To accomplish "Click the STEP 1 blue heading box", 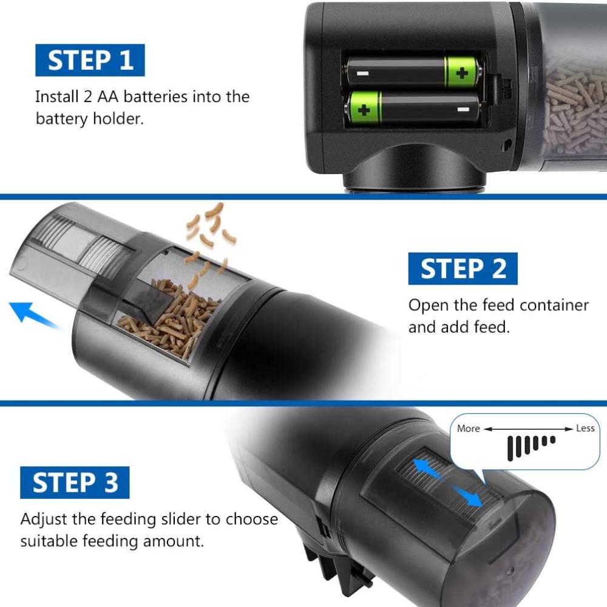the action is click(x=90, y=60).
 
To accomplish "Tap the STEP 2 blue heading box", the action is click(x=463, y=268).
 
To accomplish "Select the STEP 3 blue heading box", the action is click(x=75, y=483).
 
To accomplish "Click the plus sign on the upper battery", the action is click(x=462, y=73).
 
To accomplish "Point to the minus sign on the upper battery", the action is click(x=363, y=73).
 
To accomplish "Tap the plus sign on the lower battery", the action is click(x=364, y=110).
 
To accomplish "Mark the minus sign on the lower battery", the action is click(x=463, y=109).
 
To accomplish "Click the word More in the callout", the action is click(x=469, y=429).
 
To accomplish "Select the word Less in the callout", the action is click(x=585, y=428).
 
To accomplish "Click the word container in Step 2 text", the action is click(x=554, y=305).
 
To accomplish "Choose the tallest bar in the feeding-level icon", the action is click(x=510, y=449).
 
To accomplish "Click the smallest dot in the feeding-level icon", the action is click(x=552, y=439).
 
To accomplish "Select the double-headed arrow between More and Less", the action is click(x=528, y=429).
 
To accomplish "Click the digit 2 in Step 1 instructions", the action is click(x=87, y=97).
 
